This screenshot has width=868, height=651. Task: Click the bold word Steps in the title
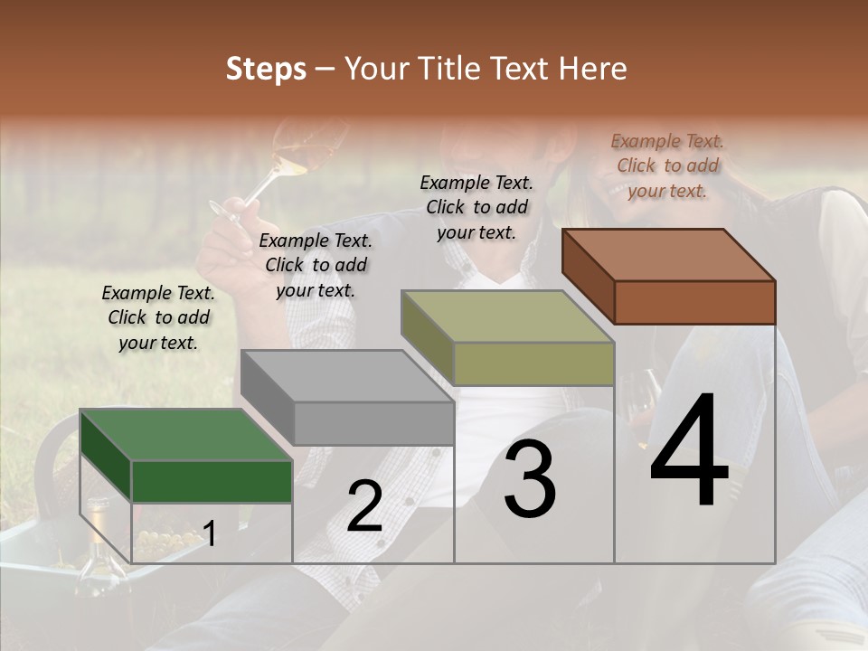coord(266,69)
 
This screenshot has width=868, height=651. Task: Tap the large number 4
coord(689,452)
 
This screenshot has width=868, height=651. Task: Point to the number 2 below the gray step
coord(364,507)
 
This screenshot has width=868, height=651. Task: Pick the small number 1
coord(209,534)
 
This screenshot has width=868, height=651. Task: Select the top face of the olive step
coord(507,316)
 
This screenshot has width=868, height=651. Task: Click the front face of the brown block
coord(694,302)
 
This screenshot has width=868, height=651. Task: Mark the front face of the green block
coord(212,481)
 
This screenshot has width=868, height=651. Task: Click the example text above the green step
coord(158,317)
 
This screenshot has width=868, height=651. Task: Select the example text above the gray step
coord(316,265)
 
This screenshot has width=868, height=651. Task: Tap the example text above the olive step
coord(476,207)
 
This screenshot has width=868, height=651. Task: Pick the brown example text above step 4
coord(667,165)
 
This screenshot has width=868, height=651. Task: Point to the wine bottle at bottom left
coord(94,552)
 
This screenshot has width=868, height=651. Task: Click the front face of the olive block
coord(533,363)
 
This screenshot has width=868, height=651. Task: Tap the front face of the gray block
coord(373,423)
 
